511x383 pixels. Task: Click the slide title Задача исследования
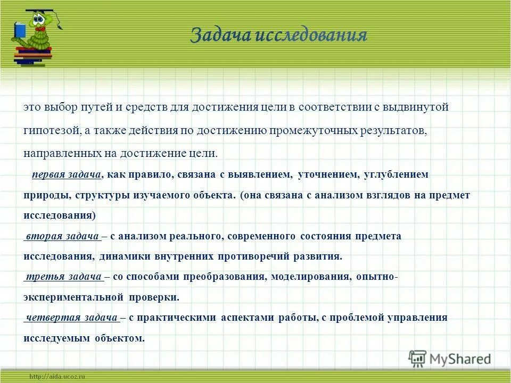tap(278, 36)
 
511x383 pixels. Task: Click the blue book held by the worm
tap(20, 30)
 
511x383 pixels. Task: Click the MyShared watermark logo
tap(450, 359)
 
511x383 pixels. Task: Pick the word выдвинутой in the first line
tap(421, 107)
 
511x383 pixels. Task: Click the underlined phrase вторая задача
tap(62, 236)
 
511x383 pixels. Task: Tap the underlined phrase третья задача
tap(63, 277)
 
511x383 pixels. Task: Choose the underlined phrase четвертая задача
tap(71, 318)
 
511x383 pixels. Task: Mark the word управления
tap(415, 318)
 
